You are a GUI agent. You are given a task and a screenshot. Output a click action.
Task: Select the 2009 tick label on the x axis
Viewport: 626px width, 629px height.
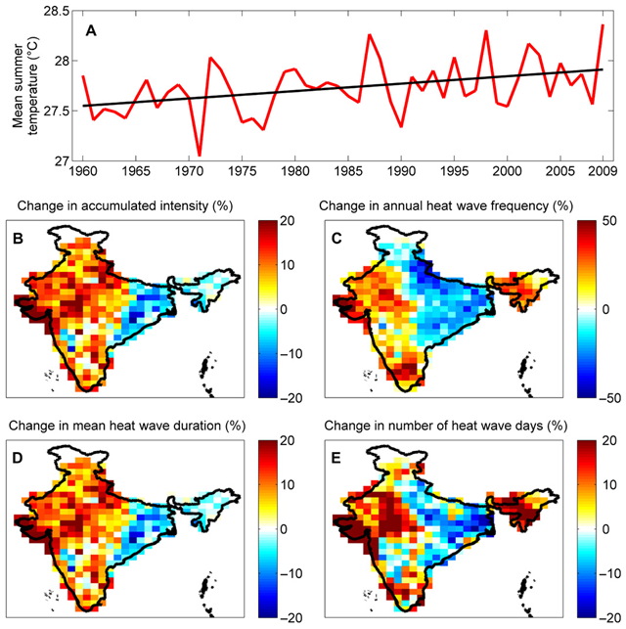602,172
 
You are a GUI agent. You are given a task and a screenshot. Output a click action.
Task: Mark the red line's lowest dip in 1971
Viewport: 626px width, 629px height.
200,155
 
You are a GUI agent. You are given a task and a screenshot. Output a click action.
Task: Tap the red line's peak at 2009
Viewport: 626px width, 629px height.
603,25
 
